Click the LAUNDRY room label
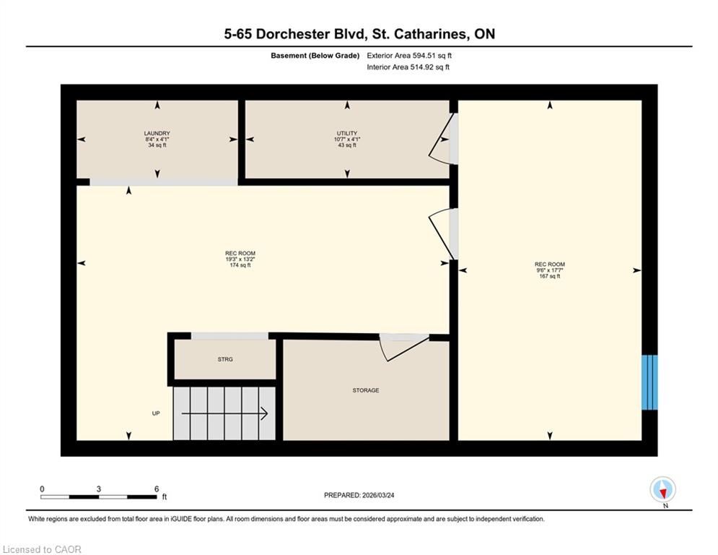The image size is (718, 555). point(157,134)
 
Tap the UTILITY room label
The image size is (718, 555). point(347,134)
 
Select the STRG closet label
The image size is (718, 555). point(225,360)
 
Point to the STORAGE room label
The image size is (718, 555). point(366,390)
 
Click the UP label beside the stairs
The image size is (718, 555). point(156,413)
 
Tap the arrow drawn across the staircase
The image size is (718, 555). point(224,414)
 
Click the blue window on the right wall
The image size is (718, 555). point(649,382)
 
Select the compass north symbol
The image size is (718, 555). point(662,490)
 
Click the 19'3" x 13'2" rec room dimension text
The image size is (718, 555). point(240,259)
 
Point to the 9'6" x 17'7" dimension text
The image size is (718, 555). point(550,270)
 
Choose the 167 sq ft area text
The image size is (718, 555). point(550,276)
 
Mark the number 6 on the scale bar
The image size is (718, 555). point(157,489)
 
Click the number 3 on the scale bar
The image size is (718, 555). point(98,489)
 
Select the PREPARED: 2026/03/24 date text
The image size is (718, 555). point(359,495)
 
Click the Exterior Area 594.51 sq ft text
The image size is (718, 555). point(409,56)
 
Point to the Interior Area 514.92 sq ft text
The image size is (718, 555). point(408,67)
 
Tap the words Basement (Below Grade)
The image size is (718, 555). point(315,56)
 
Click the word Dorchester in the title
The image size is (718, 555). point(292,34)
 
